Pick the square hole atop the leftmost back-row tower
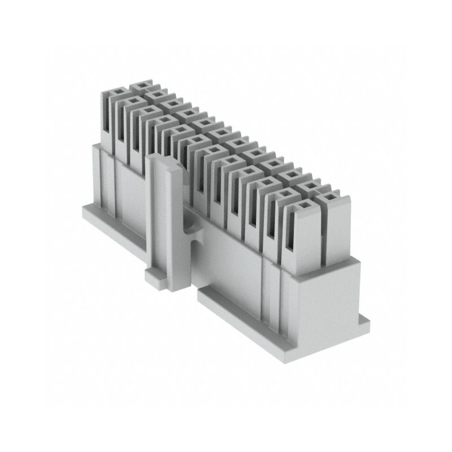140,86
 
